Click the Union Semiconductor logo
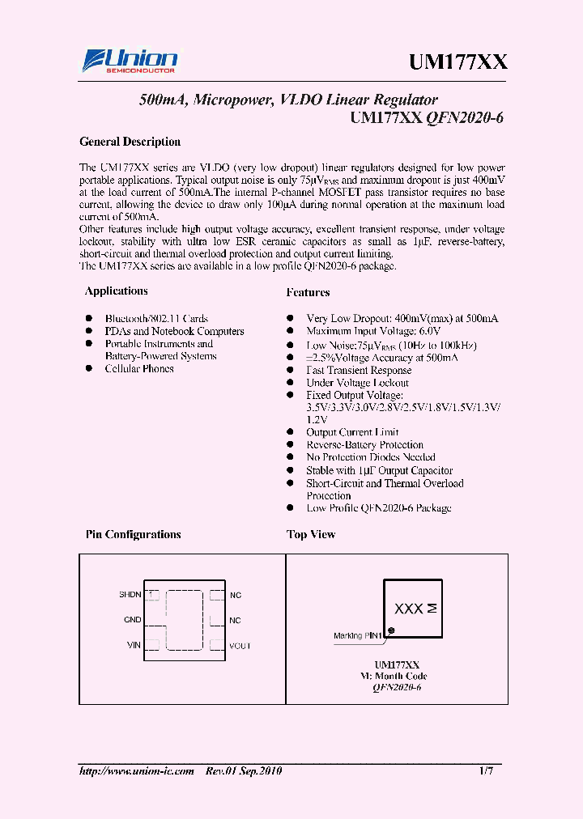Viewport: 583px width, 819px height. point(130,62)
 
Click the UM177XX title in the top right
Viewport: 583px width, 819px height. point(457,62)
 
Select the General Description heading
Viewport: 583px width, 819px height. point(130,142)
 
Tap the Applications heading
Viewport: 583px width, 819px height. point(117,291)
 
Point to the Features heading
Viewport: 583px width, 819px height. point(308,292)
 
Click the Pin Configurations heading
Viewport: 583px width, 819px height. point(133,535)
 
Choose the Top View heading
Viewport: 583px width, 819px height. point(311,535)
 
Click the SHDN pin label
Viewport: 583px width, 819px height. point(130,595)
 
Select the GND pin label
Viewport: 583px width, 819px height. point(132,620)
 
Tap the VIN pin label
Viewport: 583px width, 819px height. point(134,645)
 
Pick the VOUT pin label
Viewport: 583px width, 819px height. point(240,646)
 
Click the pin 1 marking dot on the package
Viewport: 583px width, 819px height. point(391,630)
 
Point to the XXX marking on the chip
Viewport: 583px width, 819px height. point(409,609)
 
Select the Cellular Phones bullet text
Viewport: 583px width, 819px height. point(139,369)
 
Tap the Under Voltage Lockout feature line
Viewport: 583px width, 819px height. point(357,383)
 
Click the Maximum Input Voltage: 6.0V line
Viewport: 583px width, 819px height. point(373,332)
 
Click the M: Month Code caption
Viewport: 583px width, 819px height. point(394,676)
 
